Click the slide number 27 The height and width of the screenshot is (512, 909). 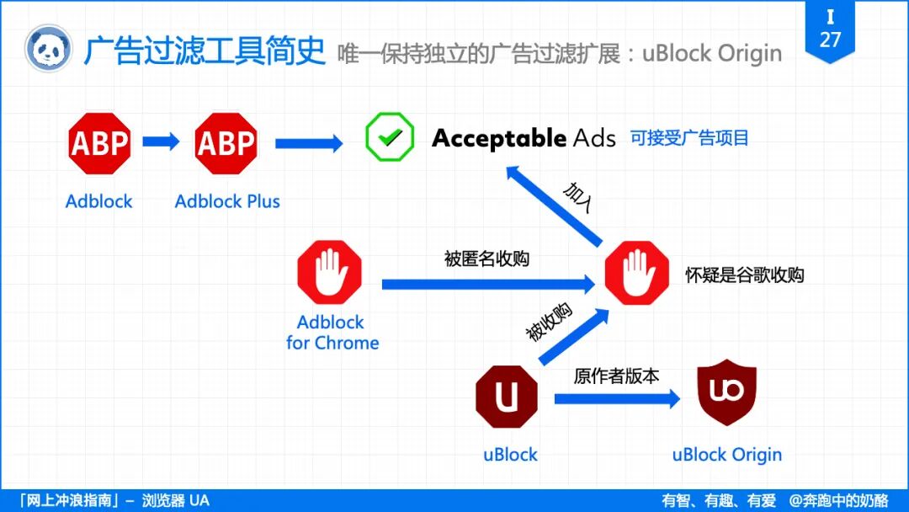coord(830,40)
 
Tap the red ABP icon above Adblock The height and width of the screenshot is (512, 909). coord(99,144)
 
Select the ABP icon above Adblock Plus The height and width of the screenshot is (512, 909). coord(226,144)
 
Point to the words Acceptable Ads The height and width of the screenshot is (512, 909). coord(524,138)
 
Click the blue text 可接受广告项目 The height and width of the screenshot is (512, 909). coord(689,138)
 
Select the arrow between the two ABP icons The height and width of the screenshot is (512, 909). coord(161,141)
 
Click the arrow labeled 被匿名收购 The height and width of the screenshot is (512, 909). coord(488,285)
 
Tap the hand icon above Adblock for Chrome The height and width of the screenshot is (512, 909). coord(329,272)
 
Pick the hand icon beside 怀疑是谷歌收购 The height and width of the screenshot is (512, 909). coord(637,273)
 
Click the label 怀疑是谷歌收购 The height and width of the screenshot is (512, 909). coord(744,275)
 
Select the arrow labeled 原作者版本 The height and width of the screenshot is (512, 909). coord(616,398)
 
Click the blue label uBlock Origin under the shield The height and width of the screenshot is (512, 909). coord(727,455)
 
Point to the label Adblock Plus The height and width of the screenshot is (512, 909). coord(227,202)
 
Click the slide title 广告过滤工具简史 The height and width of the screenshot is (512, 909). coord(204,51)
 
